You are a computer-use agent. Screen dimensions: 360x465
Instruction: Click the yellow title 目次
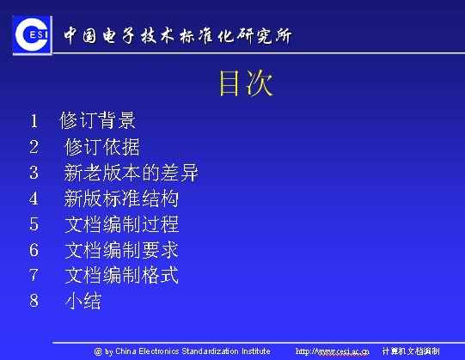point(246,84)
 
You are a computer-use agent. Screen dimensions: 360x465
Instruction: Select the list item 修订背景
point(97,120)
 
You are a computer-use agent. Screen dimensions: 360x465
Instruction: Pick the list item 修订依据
point(102,146)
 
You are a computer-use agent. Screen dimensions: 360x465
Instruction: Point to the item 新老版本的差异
point(132,173)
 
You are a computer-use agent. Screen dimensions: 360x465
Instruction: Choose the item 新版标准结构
point(121,198)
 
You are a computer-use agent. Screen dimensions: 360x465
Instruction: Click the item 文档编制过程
point(121,225)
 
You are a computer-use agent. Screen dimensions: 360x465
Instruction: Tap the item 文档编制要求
point(121,251)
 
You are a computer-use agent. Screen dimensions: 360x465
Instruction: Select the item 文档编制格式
point(121,276)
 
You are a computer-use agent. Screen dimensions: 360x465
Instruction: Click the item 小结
point(83,302)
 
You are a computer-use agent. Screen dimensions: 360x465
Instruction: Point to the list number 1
point(34,120)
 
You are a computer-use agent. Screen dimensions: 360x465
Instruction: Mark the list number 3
point(34,173)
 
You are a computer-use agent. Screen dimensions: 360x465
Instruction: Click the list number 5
point(34,225)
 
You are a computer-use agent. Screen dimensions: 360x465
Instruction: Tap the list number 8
point(34,302)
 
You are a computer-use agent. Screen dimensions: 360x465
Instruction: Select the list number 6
point(34,251)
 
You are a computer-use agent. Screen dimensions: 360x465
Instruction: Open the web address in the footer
point(332,351)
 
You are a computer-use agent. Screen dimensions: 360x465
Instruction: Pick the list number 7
point(34,276)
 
